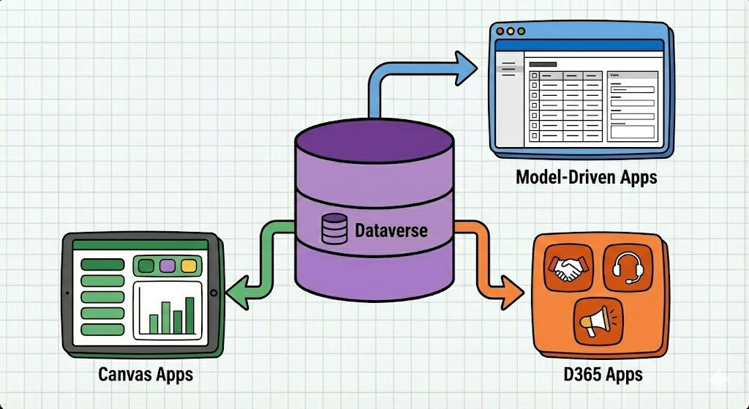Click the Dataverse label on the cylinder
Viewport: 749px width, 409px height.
[391, 231]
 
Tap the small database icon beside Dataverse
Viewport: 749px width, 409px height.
[334, 229]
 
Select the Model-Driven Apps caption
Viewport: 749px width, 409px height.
[586, 177]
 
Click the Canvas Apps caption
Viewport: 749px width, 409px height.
[146, 375]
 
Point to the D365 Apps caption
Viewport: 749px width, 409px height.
[603, 375]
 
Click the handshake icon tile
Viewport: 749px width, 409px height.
[567, 269]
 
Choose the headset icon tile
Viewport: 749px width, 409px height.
[627, 269]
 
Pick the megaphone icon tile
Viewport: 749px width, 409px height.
[597, 320]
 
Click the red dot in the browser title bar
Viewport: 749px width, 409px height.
[500, 31]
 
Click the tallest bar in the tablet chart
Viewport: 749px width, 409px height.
[190, 315]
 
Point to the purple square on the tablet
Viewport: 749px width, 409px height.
[168, 266]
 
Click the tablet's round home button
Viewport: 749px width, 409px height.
[214, 293]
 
